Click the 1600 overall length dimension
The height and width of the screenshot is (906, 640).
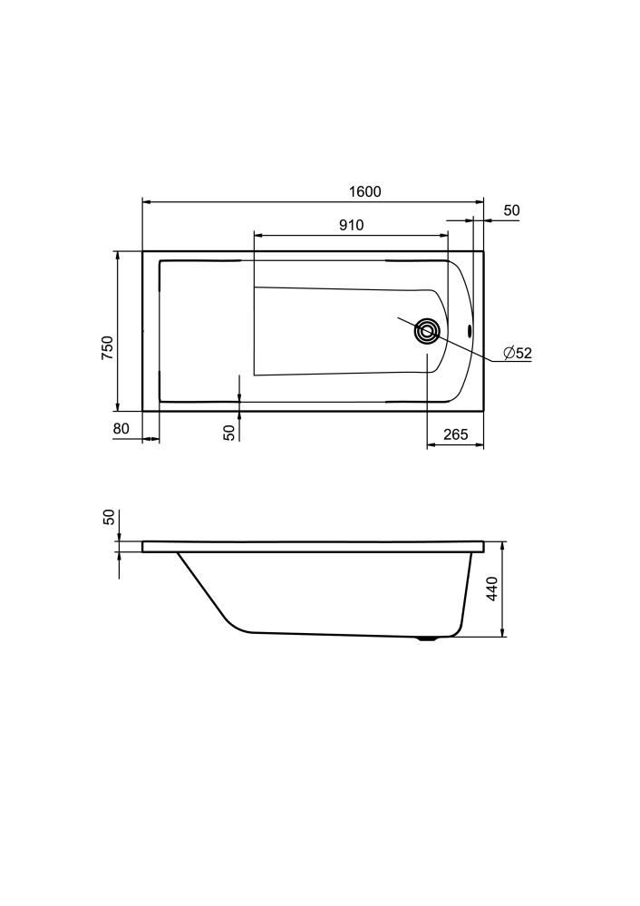[365, 191]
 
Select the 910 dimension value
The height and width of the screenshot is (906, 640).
[351, 225]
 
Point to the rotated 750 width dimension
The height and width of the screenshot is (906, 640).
[108, 348]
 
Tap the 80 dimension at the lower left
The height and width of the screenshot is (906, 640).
[121, 429]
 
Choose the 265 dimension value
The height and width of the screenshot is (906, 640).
[456, 434]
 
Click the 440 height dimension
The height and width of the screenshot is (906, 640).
[492, 589]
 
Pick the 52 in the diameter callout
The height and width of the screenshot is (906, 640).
[523, 353]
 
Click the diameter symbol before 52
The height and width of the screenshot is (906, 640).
[509, 353]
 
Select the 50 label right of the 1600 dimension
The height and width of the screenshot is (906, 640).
[512, 210]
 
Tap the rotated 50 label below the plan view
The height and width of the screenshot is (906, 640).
[230, 433]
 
